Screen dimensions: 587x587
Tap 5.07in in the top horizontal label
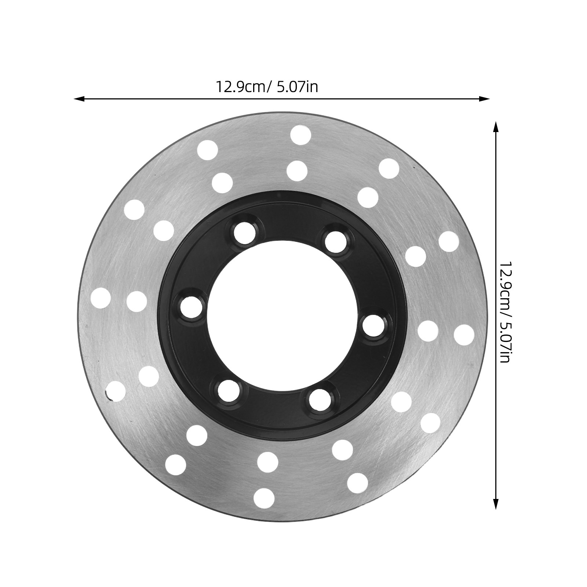pyautogui.click(x=298, y=87)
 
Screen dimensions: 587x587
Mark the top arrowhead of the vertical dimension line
pyautogui.click(x=496, y=127)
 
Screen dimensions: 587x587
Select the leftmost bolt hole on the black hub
pyautogui.click(x=192, y=306)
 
